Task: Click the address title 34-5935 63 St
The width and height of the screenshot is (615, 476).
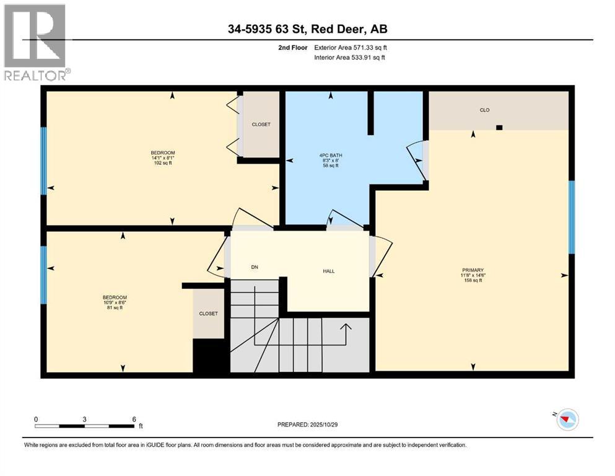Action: tap(307, 29)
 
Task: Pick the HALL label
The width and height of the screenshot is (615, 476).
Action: tap(328, 271)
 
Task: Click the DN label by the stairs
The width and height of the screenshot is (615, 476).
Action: tap(254, 267)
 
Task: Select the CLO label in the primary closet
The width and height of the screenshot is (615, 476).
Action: tap(484, 110)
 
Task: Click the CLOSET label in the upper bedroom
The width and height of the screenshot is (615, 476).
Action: tap(261, 125)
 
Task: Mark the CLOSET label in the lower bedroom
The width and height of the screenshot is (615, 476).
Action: tap(208, 314)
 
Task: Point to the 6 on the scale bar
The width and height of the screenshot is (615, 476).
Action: tap(134, 419)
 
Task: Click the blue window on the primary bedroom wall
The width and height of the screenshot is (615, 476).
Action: tap(572, 217)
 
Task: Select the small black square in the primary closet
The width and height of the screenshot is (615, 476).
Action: tap(499, 128)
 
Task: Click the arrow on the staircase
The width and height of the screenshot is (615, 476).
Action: tap(346, 333)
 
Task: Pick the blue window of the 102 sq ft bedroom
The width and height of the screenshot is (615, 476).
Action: tap(43, 161)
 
